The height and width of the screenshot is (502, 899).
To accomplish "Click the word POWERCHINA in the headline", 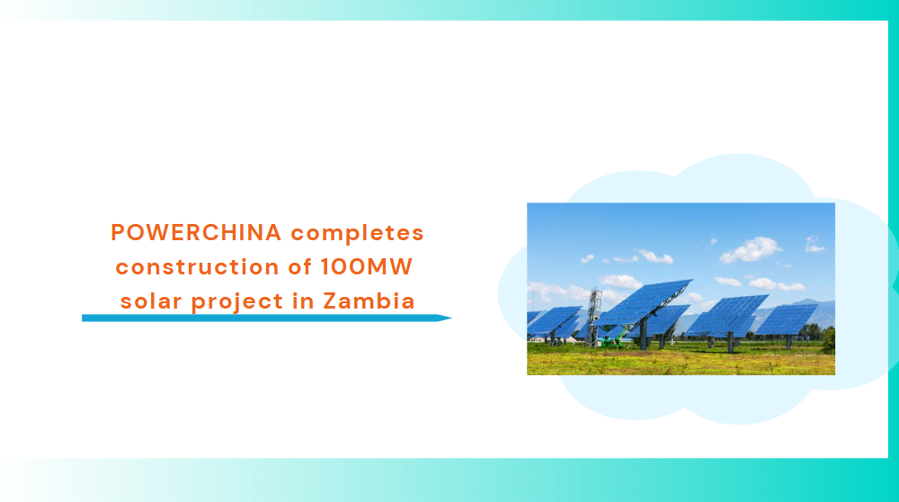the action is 196,232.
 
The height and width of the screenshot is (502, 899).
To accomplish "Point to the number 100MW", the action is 367,267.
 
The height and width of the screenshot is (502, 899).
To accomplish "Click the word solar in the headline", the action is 151,300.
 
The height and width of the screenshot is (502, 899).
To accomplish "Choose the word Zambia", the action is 369,300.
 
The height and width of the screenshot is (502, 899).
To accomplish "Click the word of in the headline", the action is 301,267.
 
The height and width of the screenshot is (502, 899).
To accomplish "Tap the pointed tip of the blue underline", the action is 451,318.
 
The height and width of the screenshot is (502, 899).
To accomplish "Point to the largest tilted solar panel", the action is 642,303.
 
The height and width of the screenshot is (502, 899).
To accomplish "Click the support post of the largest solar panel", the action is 644,335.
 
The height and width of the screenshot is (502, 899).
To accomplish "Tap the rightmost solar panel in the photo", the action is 788,319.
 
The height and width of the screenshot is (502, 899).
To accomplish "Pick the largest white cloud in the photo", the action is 750,249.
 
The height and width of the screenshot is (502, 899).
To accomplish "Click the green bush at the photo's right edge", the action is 829,340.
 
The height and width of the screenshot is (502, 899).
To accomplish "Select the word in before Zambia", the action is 303,300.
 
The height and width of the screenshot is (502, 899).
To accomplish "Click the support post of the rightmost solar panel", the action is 789,342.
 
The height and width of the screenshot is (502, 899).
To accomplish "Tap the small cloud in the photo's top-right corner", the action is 814,245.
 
